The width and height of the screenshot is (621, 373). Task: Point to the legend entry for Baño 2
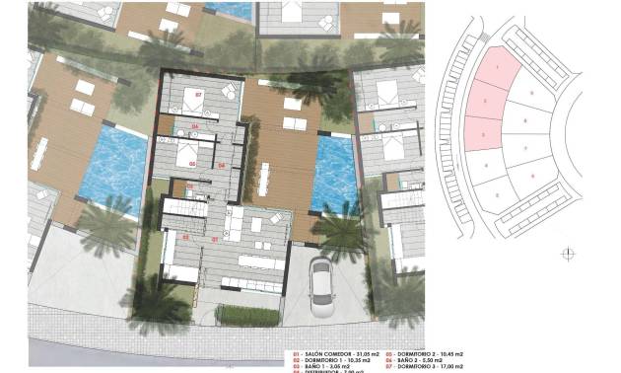click(414, 359)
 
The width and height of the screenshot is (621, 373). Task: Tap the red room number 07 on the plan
click(198, 95)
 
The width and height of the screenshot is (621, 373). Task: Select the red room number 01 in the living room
click(215, 238)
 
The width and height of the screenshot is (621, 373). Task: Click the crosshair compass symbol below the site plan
click(567, 254)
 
